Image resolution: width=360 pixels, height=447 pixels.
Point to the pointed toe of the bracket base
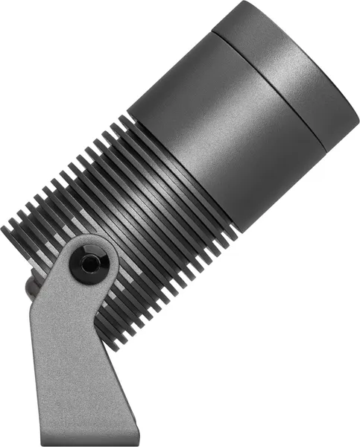pyautogui.click(x=137, y=435)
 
